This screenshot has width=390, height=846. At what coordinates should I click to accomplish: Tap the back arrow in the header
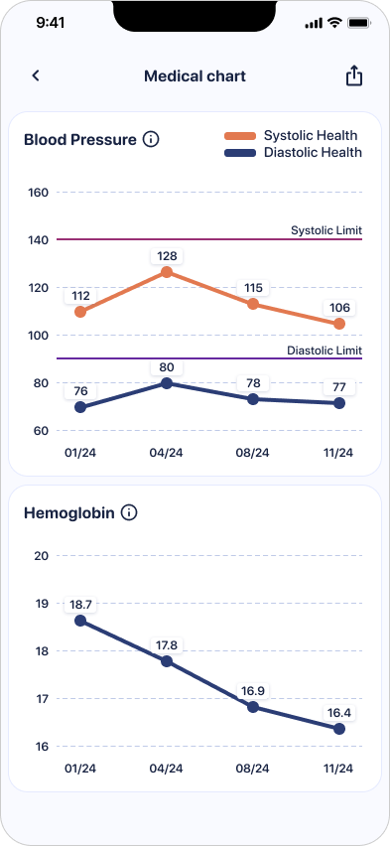point(36,75)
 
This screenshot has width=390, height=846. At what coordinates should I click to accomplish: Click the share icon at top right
point(353,76)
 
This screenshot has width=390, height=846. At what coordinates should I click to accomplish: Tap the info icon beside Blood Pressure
point(151,140)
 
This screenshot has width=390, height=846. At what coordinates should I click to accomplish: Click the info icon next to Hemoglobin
point(129,513)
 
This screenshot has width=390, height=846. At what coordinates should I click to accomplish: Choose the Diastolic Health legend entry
point(294,153)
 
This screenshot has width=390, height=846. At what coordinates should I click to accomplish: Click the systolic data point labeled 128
point(166,272)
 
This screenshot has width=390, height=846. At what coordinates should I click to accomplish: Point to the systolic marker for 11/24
point(339,324)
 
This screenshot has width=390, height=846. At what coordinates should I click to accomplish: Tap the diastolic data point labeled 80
point(166,383)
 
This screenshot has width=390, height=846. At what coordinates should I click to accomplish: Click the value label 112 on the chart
point(80,296)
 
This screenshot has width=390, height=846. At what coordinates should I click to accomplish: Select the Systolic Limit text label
point(325,230)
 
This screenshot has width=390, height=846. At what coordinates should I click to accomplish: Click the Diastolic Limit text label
point(324,351)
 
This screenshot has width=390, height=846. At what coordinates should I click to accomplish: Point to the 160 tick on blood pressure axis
point(40,193)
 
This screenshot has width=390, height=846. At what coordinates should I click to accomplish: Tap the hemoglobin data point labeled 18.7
point(80,621)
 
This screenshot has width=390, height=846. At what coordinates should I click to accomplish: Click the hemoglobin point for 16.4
point(339,729)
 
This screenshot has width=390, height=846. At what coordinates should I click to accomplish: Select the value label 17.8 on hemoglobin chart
point(166,644)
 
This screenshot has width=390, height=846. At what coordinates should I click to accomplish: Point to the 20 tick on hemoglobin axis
point(42,556)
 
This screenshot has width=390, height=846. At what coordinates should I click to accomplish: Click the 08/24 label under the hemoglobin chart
point(252,769)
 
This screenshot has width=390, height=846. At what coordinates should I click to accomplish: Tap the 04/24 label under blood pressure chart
point(166,453)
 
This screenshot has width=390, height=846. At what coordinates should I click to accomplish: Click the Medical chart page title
point(195,76)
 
